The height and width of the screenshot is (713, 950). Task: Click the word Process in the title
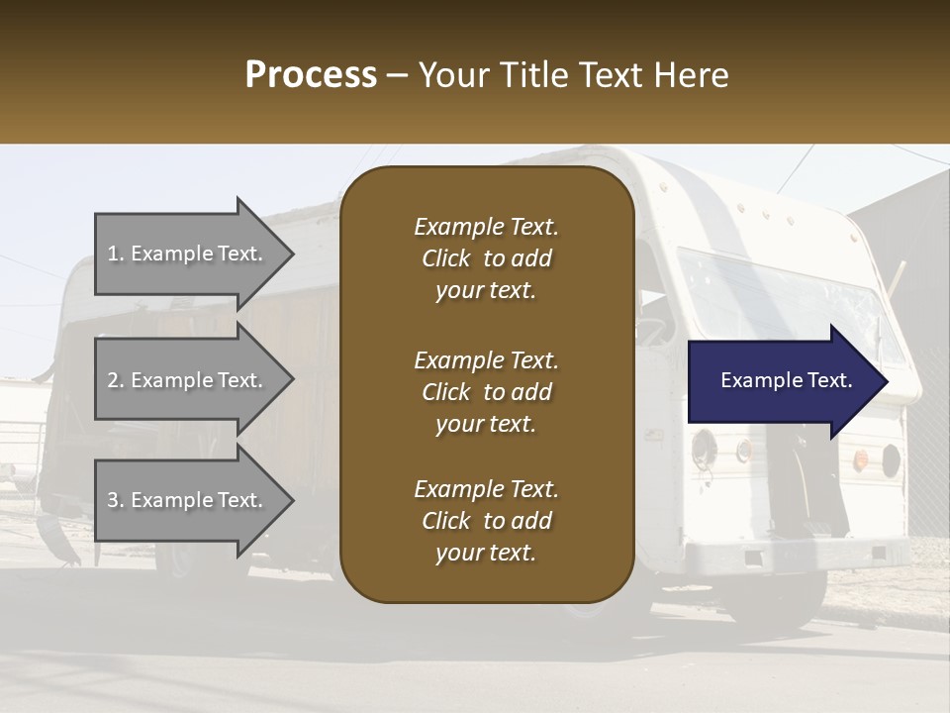click(311, 74)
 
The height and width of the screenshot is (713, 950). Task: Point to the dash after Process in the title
click(398, 76)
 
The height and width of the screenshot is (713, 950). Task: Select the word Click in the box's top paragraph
click(446, 258)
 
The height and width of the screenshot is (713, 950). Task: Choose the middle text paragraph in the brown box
click(486, 392)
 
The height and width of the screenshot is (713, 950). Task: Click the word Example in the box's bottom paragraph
click(458, 489)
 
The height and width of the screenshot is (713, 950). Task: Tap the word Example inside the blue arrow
click(755, 380)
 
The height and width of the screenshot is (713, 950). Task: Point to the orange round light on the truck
click(861, 458)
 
